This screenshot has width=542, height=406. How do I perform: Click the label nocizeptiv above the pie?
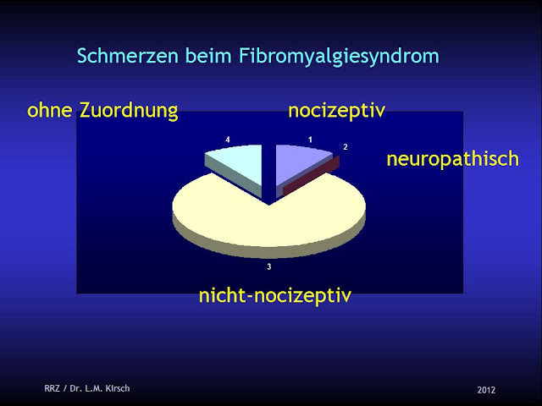click(337, 111)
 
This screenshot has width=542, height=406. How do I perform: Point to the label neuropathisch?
click(452, 158)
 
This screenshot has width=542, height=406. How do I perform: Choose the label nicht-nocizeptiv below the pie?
click(274, 295)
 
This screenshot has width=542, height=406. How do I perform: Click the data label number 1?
click(310, 138)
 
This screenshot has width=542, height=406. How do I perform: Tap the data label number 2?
click(345, 147)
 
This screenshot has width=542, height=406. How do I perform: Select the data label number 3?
click(268, 267)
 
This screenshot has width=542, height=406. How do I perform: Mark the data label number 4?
click(227, 138)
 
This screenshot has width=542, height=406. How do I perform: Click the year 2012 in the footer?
click(486, 390)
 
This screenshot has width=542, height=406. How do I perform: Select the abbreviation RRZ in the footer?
click(53, 389)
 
